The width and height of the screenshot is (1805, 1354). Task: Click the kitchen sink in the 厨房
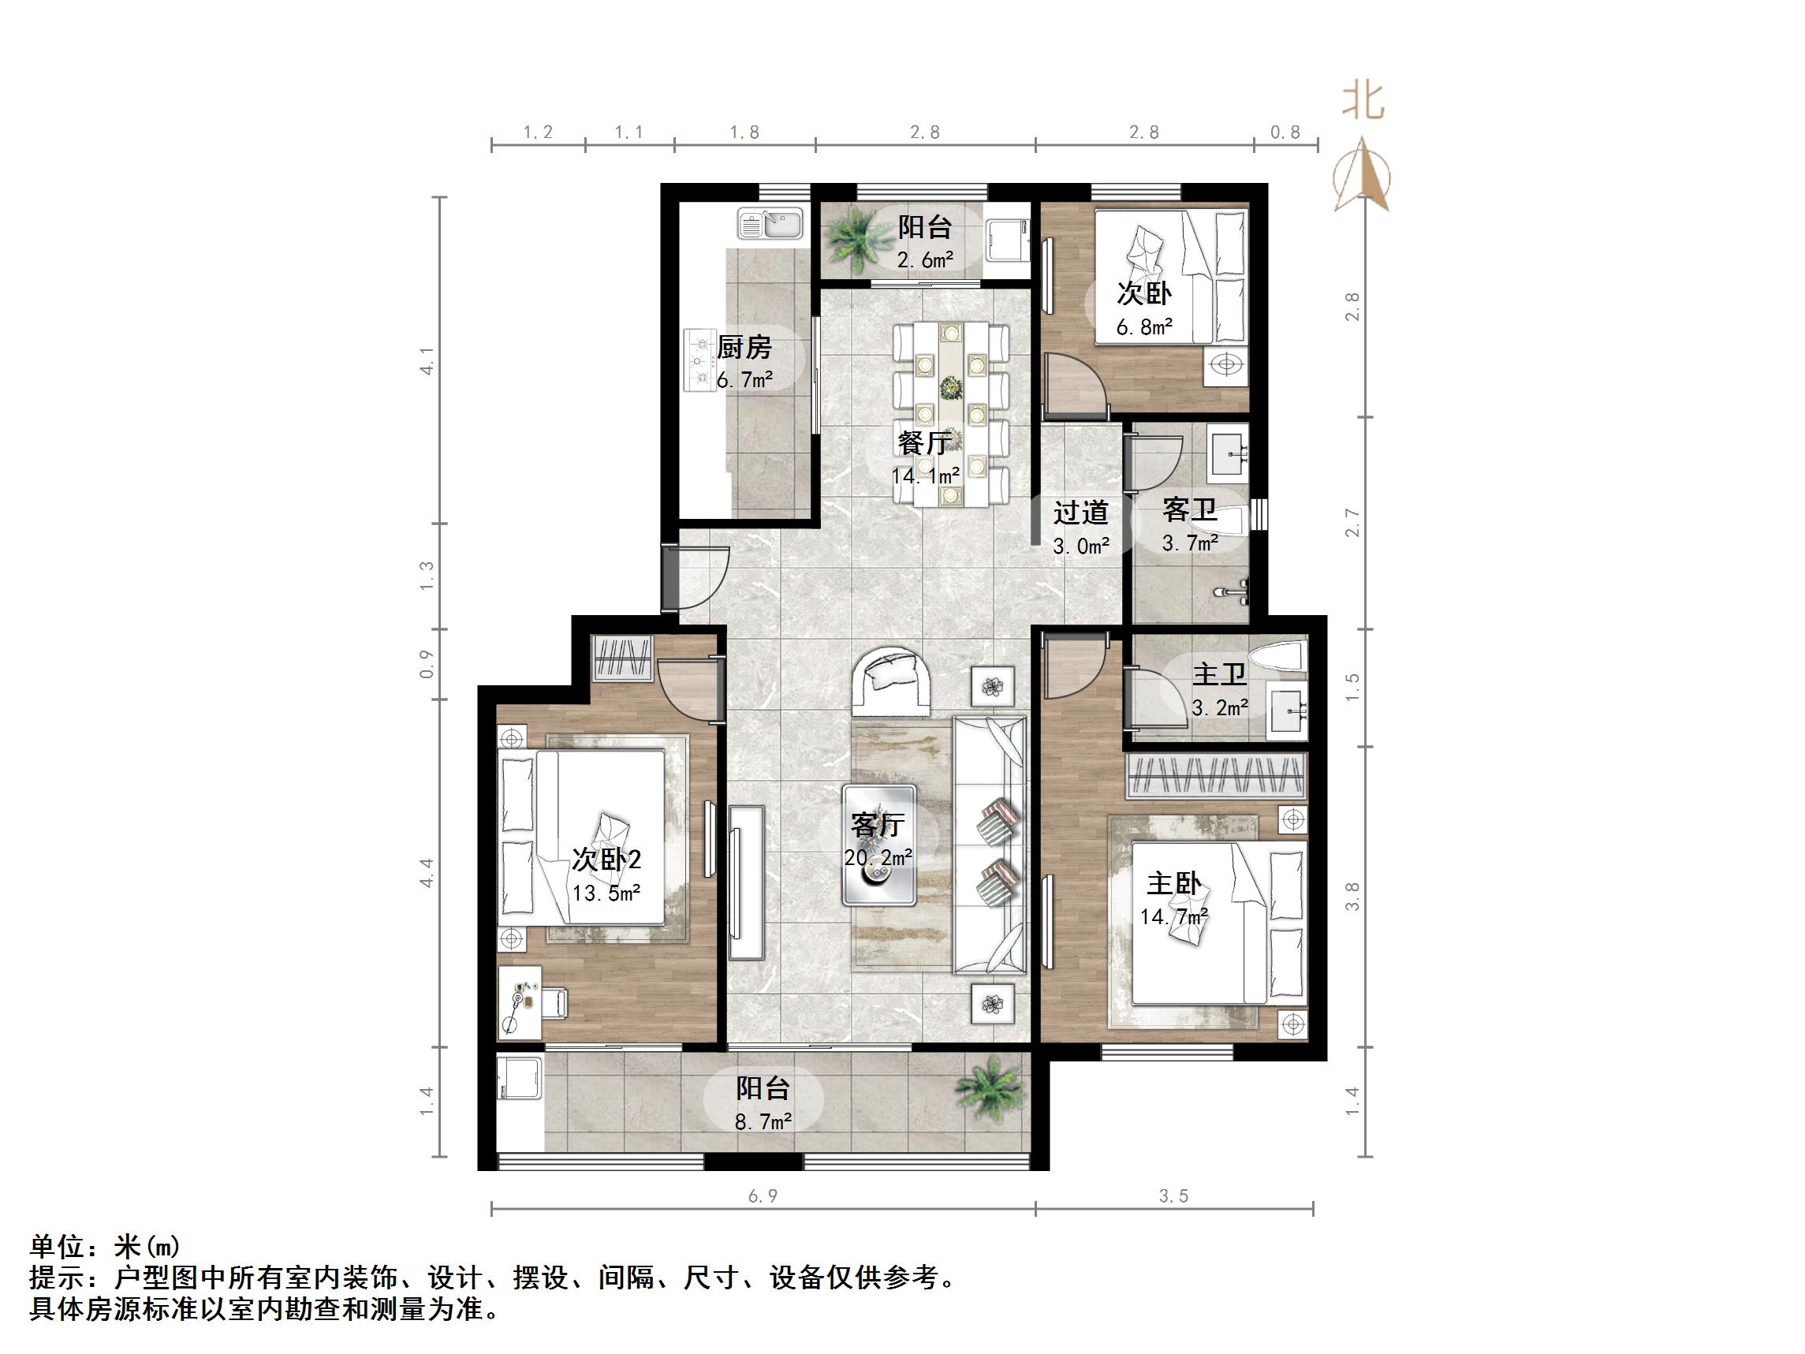pyautogui.click(x=770, y=224)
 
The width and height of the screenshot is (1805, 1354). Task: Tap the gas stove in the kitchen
pyautogui.click(x=699, y=360)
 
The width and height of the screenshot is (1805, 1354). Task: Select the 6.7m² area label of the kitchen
pyautogui.click(x=744, y=379)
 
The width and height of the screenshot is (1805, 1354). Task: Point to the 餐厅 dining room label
pyautogui.click(x=923, y=443)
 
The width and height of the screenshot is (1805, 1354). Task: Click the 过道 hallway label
pyautogui.click(x=1080, y=513)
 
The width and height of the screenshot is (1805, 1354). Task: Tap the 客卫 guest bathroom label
pyautogui.click(x=1189, y=511)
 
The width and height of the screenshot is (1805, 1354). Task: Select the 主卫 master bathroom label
pyautogui.click(x=1219, y=675)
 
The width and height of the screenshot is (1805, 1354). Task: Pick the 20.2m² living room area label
pyautogui.click(x=878, y=858)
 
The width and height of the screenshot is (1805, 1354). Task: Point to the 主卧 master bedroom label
pyautogui.click(x=1173, y=884)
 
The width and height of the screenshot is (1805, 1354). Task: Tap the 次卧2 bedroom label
pyautogui.click(x=606, y=860)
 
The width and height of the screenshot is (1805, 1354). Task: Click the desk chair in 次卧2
pyautogui.click(x=555, y=1003)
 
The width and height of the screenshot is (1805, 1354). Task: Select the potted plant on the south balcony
pyautogui.click(x=990, y=1091)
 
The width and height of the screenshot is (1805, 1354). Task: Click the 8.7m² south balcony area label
pyautogui.click(x=763, y=1122)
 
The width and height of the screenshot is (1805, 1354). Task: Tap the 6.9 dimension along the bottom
pyautogui.click(x=763, y=1196)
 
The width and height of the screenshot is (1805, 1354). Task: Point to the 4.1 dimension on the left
pyautogui.click(x=426, y=360)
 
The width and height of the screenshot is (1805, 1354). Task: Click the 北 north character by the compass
pyautogui.click(x=1363, y=103)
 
